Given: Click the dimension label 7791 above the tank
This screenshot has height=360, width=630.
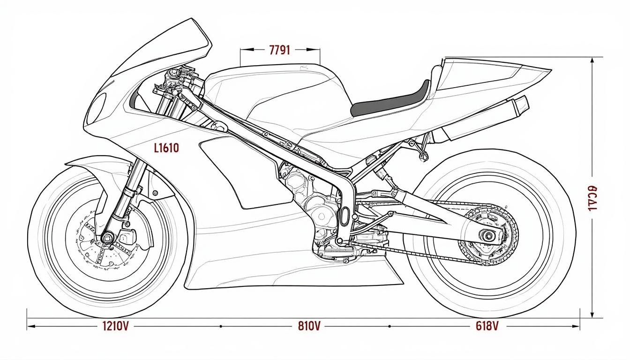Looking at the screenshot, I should point(280,50).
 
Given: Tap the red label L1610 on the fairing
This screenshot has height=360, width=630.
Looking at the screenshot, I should point(166,148).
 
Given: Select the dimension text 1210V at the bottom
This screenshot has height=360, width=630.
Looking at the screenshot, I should point(115,326).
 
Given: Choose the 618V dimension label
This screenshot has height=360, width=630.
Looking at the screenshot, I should point(486,326).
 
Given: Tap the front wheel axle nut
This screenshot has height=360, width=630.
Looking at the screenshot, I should point(108,238).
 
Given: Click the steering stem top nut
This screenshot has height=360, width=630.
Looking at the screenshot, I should point(174,73).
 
